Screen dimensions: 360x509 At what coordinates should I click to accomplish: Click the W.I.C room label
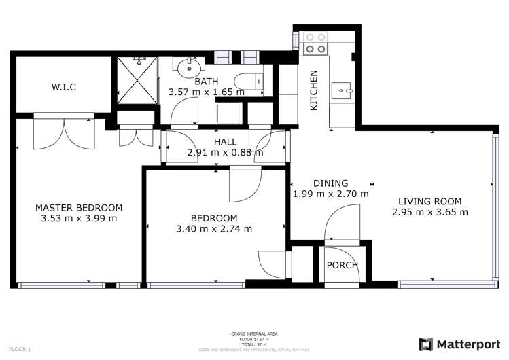[x=63, y=87]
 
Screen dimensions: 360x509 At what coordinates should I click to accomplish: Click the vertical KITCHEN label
[x=314, y=90]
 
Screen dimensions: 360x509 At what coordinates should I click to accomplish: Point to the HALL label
[x=225, y=142]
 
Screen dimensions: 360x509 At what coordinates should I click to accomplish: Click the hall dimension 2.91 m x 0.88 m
[x=225, y=152]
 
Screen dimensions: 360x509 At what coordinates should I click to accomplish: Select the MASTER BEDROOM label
[x=79, y=208]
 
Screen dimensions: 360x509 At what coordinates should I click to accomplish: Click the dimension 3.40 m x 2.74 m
[x=214, y=228]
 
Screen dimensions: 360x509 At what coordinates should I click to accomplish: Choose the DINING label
[x=330, y=183]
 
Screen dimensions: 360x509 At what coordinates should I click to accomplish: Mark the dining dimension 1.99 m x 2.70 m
[x=330, y=194]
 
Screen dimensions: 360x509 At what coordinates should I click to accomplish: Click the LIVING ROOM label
[x=429, y=201]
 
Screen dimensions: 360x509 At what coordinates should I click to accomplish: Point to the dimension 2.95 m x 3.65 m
[x=429, y=212]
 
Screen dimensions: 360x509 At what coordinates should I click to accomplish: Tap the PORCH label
[x=343, y=265]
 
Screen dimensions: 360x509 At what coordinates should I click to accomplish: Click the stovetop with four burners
[x=314, y=43]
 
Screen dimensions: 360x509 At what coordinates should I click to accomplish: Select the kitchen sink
[x=340, y=88]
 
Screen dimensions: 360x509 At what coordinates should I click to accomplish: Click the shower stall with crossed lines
[x=136, y=80]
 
